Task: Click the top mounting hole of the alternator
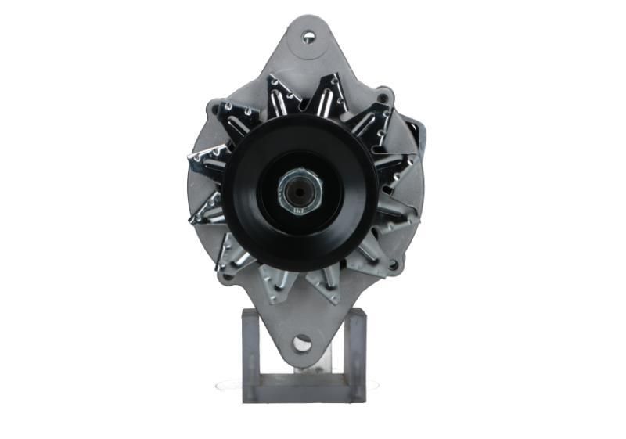(308, 36)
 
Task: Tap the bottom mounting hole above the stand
(302, 343)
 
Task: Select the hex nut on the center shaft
(300, 189)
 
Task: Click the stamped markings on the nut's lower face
(297, 210)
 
